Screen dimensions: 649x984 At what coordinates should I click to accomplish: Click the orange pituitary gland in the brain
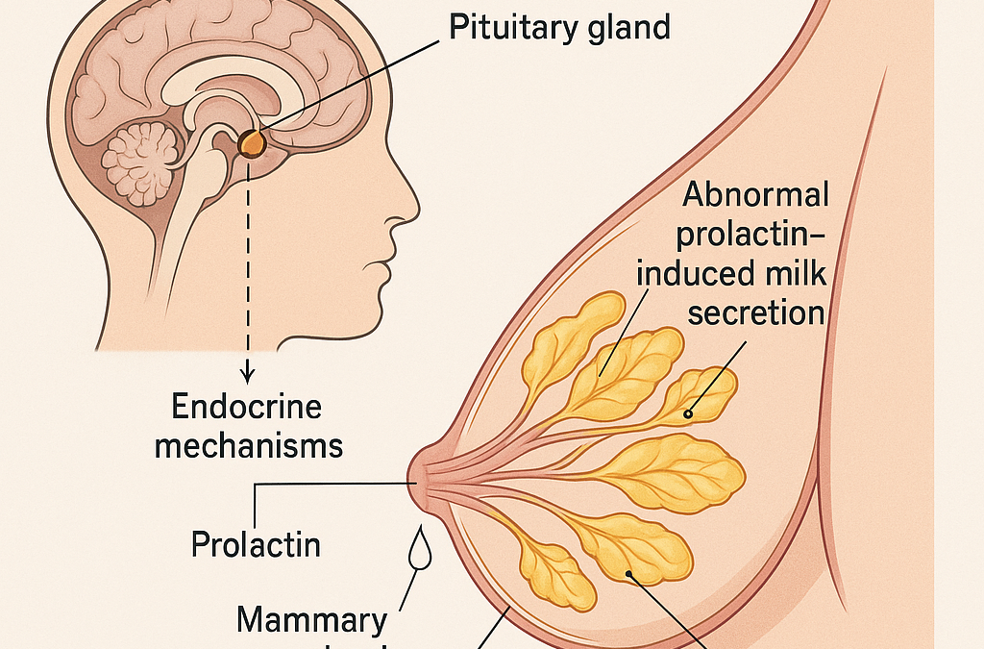coord(253,144)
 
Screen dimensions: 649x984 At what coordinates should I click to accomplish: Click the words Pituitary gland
coord(560,27)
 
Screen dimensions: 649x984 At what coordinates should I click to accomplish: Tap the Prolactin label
coord(256,544)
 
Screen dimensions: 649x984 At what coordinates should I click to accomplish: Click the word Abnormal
coord(755,196)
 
